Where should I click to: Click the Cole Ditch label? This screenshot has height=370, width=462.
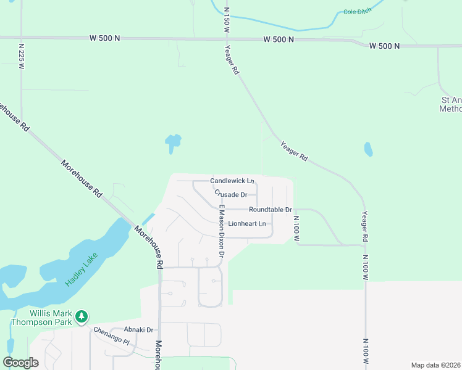pyautogui.click(x=358, y=12)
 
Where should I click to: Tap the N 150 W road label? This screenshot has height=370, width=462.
pyautogui.click(x=227, y=20)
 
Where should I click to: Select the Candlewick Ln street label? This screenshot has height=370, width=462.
pyautogui.click(x=232, y=181)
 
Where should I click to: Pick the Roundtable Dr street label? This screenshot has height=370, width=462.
pyautogui.click(x=271, y=210)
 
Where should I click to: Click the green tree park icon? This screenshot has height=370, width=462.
pyautogui.click(x=82, y=317)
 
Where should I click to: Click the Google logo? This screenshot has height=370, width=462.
pyautogui.click(x=21, y=363)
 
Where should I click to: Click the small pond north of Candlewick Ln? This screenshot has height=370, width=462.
pyautogui.click(x=173, y=144)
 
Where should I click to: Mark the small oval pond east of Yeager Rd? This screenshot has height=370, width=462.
pyautogui.click(x=369, y=149)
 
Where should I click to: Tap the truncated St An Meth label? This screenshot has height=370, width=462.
pyautogui.click(x=450, y=104)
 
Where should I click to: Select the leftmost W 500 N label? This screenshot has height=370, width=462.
pyautogui.click(x=104, y=38)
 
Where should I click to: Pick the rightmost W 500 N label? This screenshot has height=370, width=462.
pyautogui.click(x=384, y=46)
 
